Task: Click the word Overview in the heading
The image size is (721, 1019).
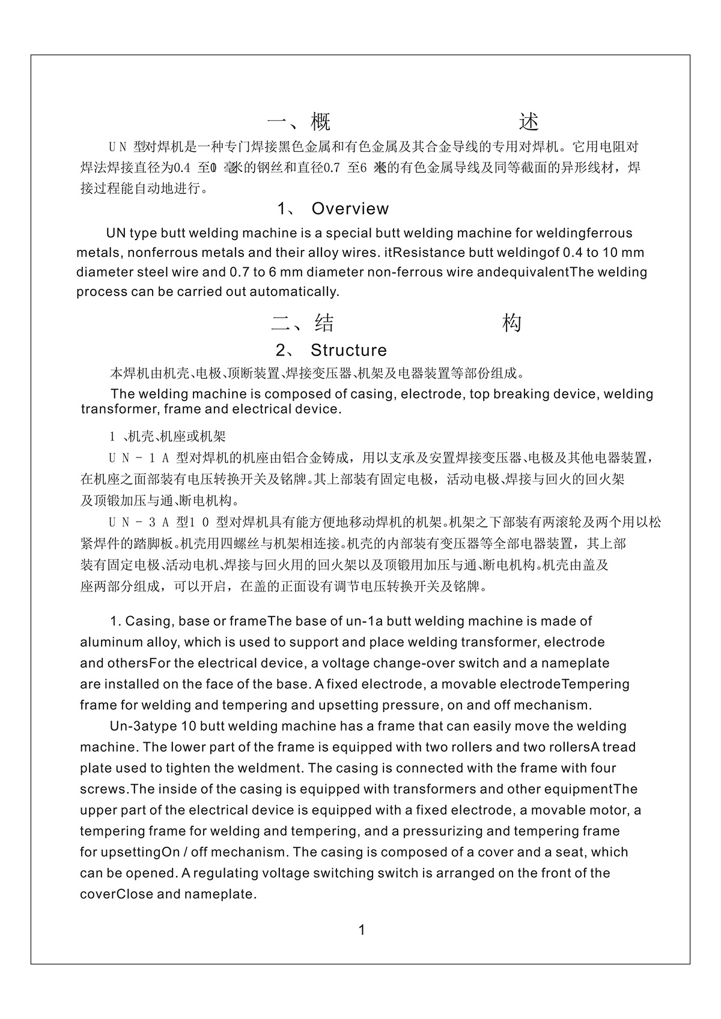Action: point(350,209)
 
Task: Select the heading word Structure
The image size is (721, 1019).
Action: point(348,350)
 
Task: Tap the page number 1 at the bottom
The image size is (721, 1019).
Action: point(362,930)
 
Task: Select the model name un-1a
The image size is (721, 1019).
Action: point(370,621)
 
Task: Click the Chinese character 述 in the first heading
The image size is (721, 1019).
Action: point(529,122)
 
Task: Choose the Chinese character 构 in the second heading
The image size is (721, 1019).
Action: point(511,324)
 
